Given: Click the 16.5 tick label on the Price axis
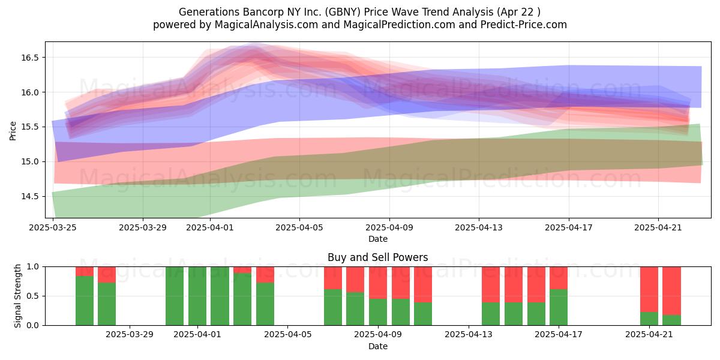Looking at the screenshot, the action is pos(29,58).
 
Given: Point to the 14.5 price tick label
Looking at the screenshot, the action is pos(29,196).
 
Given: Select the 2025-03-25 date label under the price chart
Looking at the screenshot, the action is pos(53,227).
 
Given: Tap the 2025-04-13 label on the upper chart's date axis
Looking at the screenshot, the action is pos(479,227).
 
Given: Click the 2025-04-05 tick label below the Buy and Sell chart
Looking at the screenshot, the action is pos(287,335).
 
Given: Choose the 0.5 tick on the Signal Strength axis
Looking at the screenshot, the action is pos(32,296).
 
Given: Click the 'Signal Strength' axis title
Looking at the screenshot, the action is pos(17,296).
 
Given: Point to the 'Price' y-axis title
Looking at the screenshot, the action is pos(13,131).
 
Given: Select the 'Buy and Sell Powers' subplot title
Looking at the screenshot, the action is pos(377,257).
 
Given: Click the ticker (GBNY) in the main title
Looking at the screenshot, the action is pos(343,12).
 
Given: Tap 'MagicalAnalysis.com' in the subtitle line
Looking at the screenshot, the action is pos(266,25).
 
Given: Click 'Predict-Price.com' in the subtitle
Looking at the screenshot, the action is pos(524,25).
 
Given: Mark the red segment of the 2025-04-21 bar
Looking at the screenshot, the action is pos(649,289).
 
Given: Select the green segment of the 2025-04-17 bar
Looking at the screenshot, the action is pos(559,307).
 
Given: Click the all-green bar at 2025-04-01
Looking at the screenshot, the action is pos(197,296).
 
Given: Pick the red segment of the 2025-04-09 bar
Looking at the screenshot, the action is pos(378,283).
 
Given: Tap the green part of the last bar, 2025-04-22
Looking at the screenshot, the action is pos(672,320).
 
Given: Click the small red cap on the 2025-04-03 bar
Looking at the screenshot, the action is pos(242,270).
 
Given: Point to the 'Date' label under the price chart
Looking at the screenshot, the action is pos(377,239).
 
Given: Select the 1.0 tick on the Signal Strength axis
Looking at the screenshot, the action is pos(32,267).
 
